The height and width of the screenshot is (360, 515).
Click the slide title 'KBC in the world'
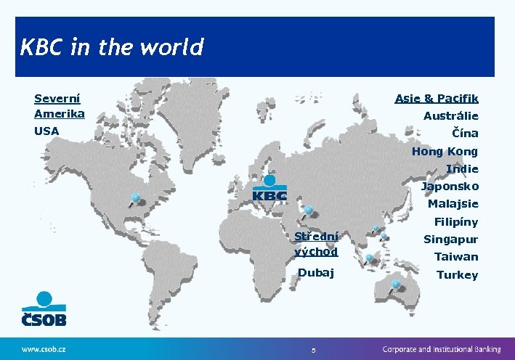[x=112, y=48]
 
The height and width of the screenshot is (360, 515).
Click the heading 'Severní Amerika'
[x=59, y=106]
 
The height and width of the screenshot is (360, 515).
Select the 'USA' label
[x=46, y=131]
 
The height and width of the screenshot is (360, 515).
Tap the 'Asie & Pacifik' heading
[x=436, y=98]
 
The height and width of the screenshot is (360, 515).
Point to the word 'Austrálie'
[x=450, y=116]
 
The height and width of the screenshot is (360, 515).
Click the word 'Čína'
[x=465, y=134]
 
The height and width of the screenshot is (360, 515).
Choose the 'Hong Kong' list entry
[x=445, y=151]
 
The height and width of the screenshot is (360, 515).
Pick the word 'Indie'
[x=462, y=168]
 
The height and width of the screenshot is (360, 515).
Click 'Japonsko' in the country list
[x=450, y=187]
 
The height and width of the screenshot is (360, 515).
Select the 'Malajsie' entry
[x=453, y=204]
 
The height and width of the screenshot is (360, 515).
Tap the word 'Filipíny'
[x=456, y=221]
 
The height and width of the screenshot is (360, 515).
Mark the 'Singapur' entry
[x=450, y=239]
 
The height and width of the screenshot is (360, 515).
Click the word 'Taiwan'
[x=456, y=256]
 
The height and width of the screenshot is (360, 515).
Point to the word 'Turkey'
[x=457, y=274]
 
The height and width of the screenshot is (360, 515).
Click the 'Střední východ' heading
[x=316, y=244]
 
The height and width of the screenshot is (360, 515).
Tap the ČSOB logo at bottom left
[x=44, y=310]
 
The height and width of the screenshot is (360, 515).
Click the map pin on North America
[x=134, y=198]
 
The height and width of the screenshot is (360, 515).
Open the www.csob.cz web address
[x=44, y=348]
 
